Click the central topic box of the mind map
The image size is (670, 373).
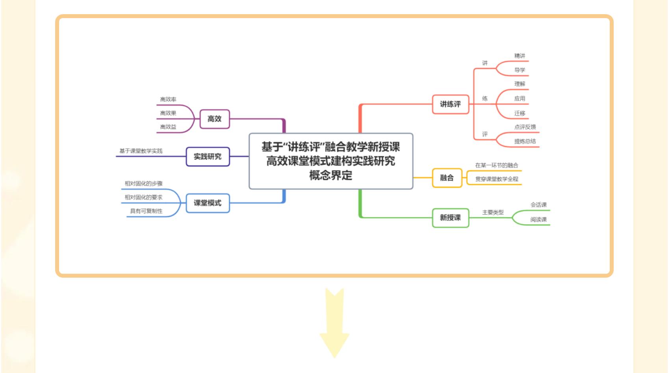tap(330, 161)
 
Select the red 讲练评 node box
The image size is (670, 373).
tap(450, 104)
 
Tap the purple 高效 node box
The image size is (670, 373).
tap(214, 119)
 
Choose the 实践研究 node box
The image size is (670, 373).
tap(208, 157)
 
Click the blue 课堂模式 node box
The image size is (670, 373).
tap(208, 203)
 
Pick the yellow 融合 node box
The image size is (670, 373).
tap(447, 178)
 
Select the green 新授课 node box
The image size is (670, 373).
tap(450, 218)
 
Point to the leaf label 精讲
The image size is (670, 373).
tap(520, 56)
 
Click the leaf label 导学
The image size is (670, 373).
tap(520, 70)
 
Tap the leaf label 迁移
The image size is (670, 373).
tap(520, 113)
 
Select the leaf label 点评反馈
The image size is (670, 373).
tap(525, 127)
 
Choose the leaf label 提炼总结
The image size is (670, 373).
tap(525, 141)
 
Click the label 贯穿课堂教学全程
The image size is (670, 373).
tap(496, 179)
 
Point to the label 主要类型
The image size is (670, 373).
tap(493, 212)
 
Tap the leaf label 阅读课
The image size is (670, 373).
tap(538, 219)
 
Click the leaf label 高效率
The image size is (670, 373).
tap(168, 100)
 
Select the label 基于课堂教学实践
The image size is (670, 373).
tap(141, 151)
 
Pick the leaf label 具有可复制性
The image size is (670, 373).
tap(146, 211)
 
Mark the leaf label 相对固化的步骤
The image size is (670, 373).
tap(143, 184)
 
